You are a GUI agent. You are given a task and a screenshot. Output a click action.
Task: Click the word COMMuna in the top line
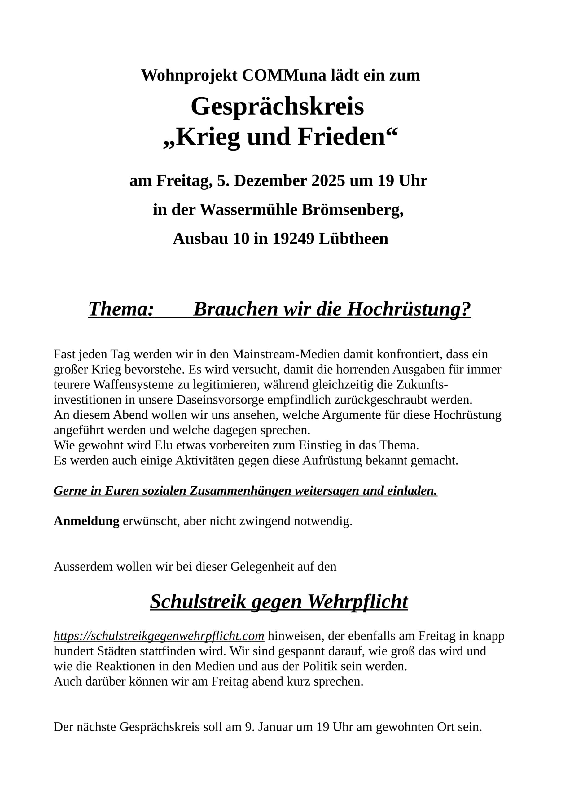click(x=284, y=75)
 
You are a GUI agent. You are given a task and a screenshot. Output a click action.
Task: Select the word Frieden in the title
click(x=341, y=137)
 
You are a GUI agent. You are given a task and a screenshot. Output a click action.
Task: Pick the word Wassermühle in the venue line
click(x=248, y=209)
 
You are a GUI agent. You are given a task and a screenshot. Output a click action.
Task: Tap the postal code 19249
click(x=293, y=238)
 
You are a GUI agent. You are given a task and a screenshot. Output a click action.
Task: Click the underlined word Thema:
click(x=121, y=309)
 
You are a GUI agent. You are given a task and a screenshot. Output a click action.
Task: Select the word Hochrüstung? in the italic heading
click(x=409, y=309)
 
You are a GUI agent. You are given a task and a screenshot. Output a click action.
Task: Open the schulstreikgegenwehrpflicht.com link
click(x=159, y=636)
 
